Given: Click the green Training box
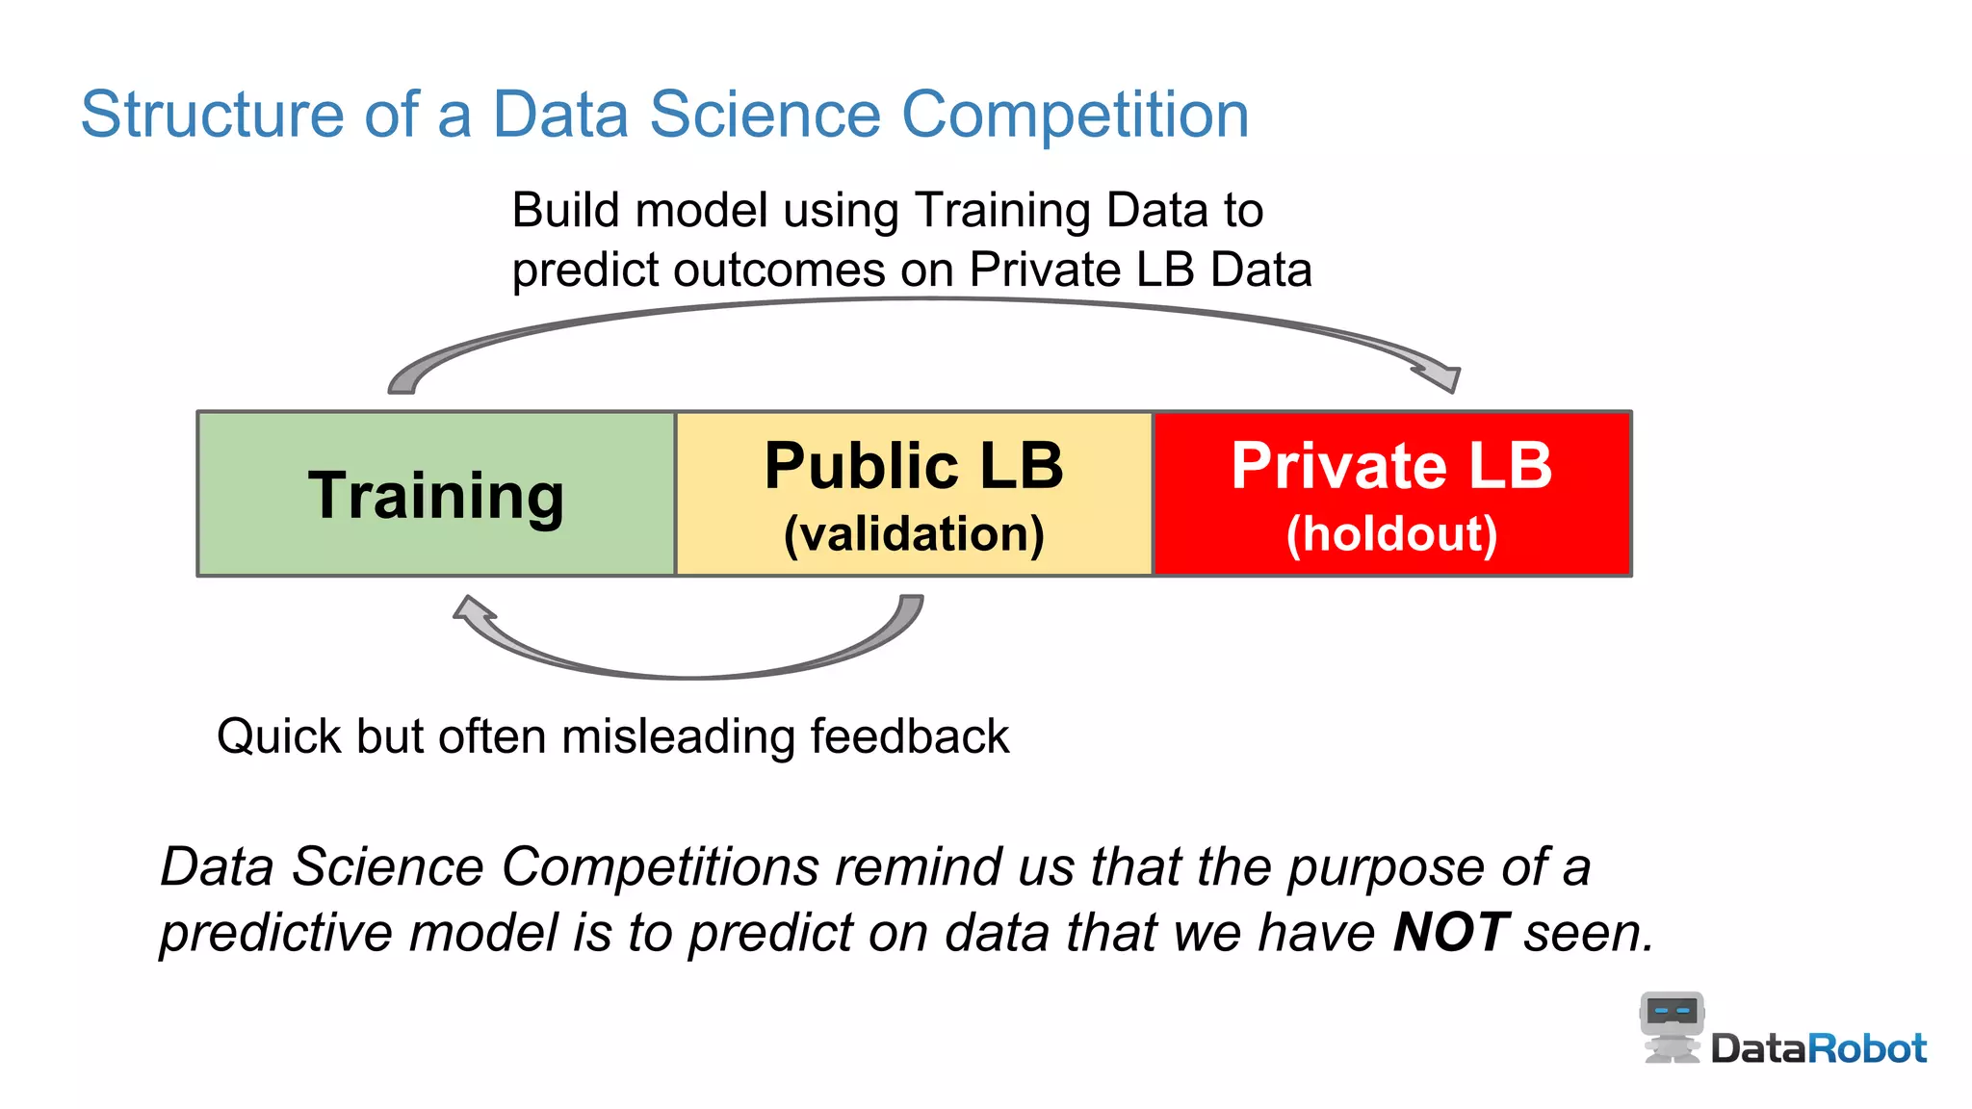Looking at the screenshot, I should [x=435, y=494].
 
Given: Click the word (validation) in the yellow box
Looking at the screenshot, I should [x=913, y=534].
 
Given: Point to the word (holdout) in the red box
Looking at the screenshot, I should [x=1391, y=534].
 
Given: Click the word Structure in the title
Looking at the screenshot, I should [x=212, y=115].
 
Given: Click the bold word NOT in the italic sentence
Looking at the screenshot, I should [x=1450, y=932].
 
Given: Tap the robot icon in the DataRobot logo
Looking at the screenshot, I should [x=1672, y=1026].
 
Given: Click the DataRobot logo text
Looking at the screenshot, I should [x=1818, y=1048].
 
